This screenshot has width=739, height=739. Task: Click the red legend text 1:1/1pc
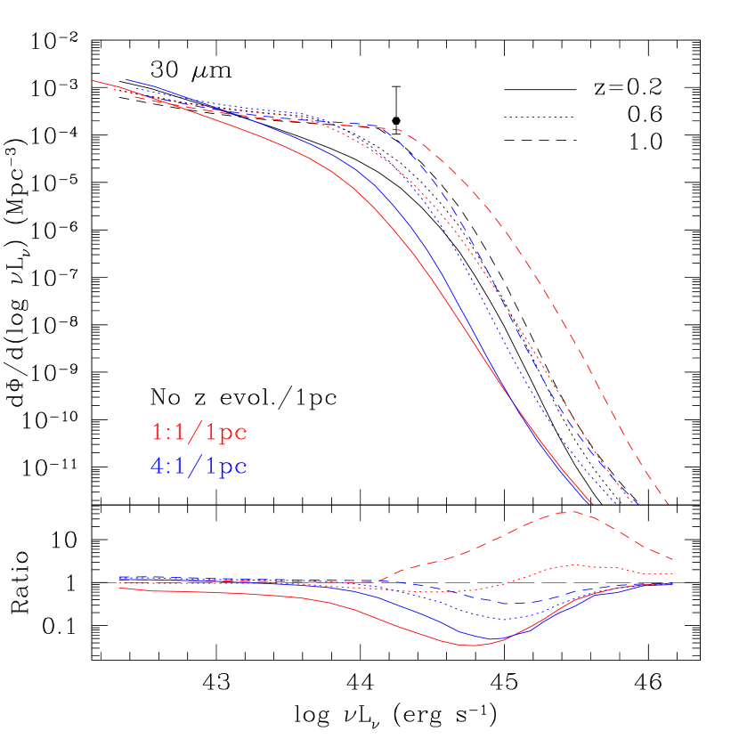(x=199, y=433)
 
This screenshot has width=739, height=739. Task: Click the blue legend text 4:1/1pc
(x=199, y=466)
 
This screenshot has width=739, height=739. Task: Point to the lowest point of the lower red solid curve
(x=472, y=645)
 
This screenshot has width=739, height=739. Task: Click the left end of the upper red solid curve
(x=93, y=81)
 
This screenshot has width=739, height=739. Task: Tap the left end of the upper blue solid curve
(x=126, y=79)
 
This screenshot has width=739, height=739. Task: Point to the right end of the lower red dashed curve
(x=671, y=559)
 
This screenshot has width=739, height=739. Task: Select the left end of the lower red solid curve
(x=119, y=588)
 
